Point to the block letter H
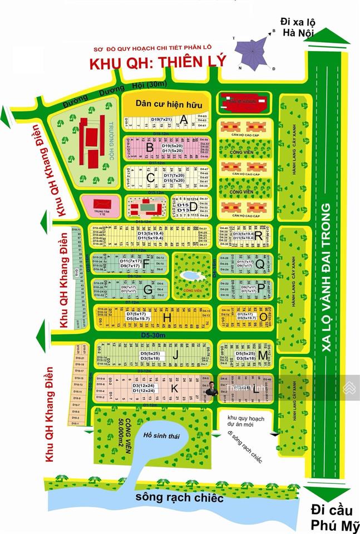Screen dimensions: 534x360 click(x=166, y=317)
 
